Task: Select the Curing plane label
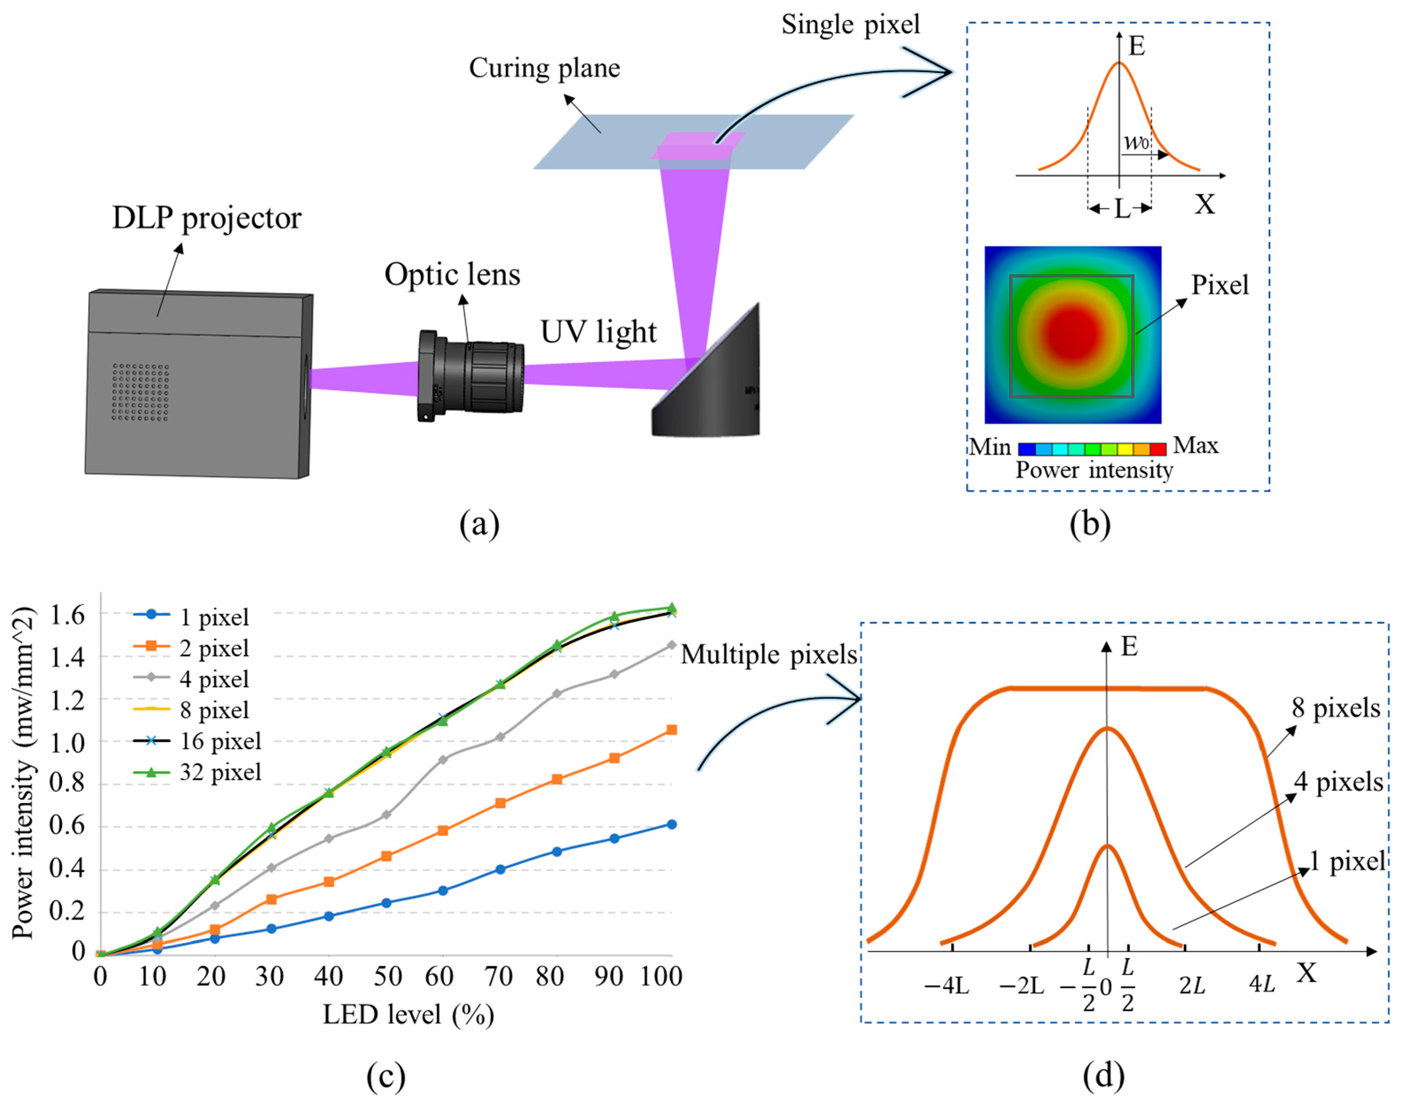544,68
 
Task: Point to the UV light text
599,332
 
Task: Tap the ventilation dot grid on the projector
140,391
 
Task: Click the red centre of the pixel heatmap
1072,333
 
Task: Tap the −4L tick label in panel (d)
946,987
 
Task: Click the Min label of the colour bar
990,447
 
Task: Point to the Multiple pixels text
768,655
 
